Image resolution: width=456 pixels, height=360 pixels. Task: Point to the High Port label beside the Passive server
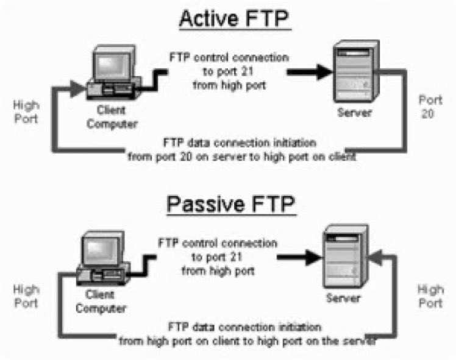pyautogui.click(x=430, y=295)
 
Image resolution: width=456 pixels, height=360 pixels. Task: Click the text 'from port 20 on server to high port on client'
pyautogui.click(x=242, y=157)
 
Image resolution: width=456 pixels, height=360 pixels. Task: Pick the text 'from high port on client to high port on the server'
pyautogui.click(x=246, y=340)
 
